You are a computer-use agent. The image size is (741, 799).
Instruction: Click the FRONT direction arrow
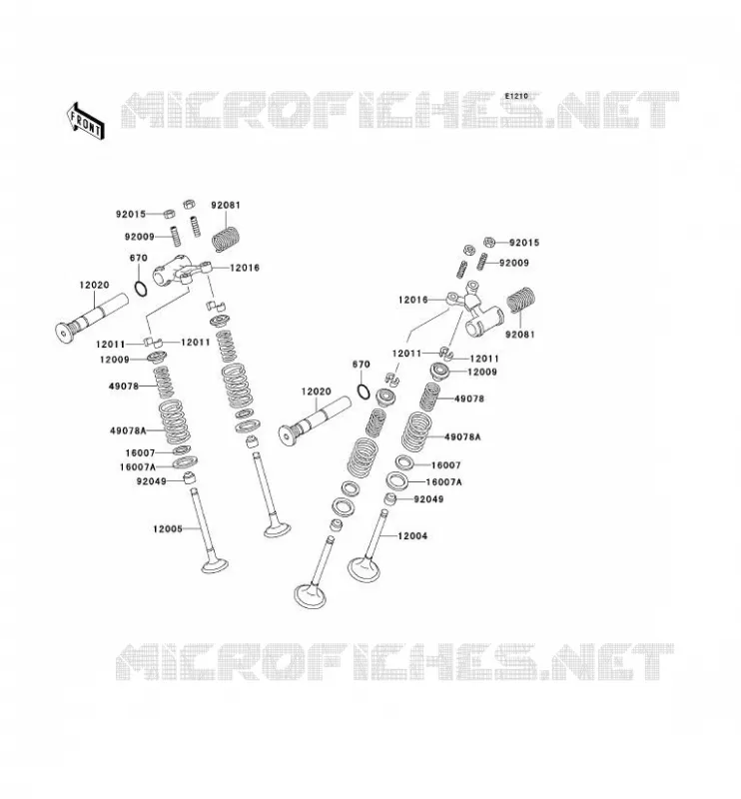pos(86,121)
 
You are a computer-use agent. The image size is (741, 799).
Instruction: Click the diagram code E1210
pos(516,96)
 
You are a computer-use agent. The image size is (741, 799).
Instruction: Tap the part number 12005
pos(168,529)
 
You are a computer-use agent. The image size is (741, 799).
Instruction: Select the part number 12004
pos(412,535)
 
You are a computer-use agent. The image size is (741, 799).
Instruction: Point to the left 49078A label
pos(128,430)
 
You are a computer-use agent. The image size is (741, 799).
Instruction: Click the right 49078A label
pos(462,436)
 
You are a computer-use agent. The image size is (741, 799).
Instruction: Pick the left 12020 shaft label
pos(94,285)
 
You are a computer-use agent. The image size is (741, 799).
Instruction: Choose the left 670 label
pos(139,258)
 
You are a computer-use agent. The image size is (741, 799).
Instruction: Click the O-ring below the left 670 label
pos(141,288)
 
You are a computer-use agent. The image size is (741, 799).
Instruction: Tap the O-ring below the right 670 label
pos(363,392)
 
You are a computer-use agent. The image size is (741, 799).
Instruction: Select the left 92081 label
pos(226,205)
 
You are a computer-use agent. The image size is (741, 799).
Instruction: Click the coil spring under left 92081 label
pos(226,239)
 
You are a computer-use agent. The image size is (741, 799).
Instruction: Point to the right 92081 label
pos(520,335)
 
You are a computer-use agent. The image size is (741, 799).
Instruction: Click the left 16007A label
pos(138,466)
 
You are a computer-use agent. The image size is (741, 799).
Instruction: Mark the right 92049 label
pos(428,498)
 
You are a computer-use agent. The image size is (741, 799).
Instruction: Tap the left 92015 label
pos(131,214)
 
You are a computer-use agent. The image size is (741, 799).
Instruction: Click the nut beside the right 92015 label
pos(489,242)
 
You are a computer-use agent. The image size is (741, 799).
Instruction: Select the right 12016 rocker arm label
pos(413,300)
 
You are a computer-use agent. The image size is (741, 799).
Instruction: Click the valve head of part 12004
pos(363,569)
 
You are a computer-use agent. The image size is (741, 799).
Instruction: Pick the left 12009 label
pos(115,360)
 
